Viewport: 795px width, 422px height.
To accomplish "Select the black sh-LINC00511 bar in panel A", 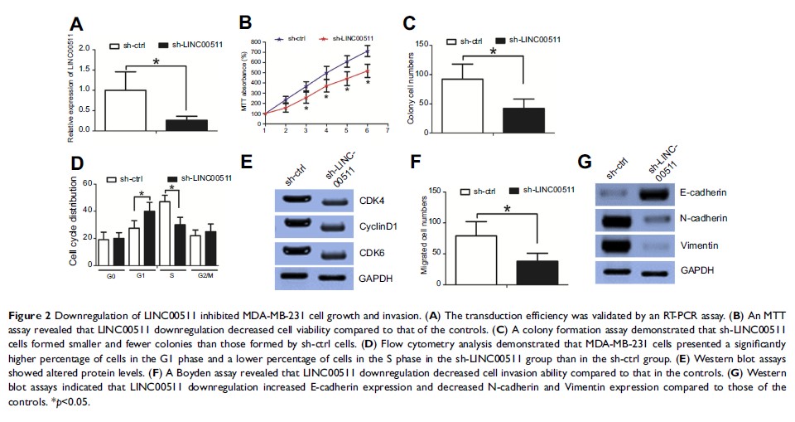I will click(186, 125).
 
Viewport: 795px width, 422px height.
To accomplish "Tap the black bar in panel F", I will click(538, 273).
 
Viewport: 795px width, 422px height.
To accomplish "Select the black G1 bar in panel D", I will click(149, 236).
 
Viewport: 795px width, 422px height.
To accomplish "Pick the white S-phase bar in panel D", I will click(166, 231).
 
